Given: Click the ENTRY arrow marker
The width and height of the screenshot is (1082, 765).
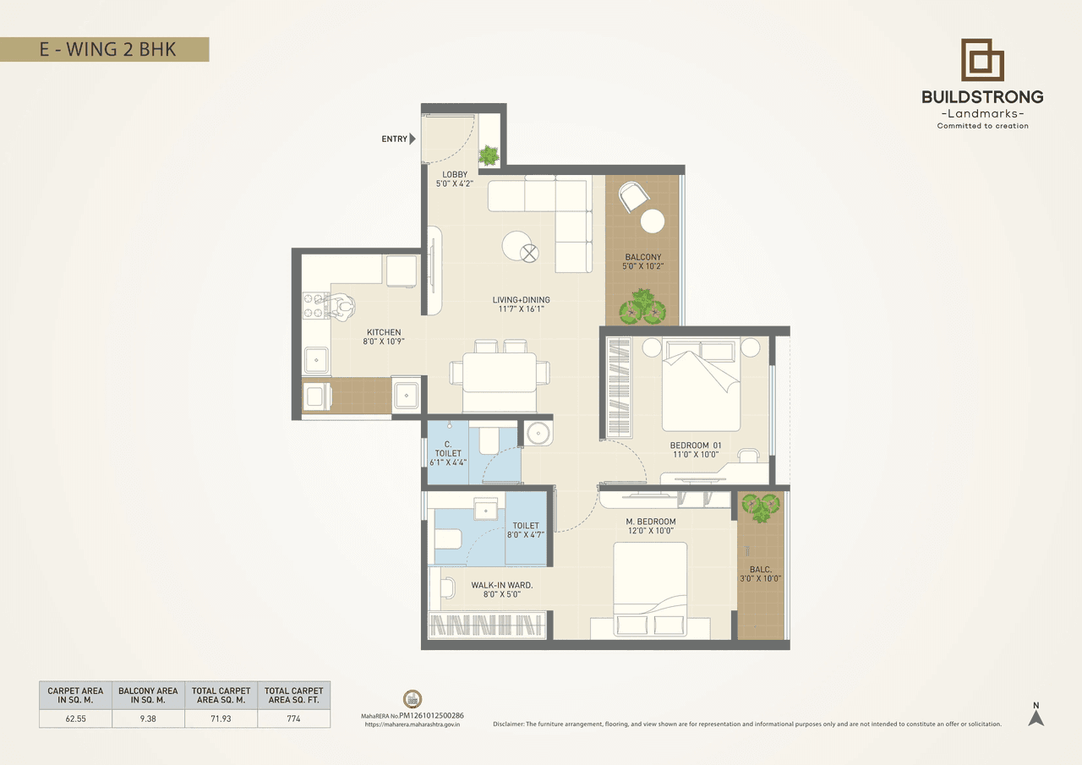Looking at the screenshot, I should pos(413,139).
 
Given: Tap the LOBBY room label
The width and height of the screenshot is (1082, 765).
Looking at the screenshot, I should pos(455,175).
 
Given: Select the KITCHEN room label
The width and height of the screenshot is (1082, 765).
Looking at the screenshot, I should pos(384,332).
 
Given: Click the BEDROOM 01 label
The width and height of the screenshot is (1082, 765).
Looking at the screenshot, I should pos(696,445).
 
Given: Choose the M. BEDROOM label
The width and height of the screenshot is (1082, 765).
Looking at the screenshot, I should pos(651,521).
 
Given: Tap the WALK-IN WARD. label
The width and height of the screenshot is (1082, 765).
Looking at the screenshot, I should pos(502,584).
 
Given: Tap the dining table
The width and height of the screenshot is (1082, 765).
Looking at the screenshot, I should pos(500,373).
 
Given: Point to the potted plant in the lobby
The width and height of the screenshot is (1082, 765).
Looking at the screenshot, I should pos(489,155).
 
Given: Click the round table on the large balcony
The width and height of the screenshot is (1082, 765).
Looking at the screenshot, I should pos(652,221).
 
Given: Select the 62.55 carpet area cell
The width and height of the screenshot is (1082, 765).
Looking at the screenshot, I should pos(75,719).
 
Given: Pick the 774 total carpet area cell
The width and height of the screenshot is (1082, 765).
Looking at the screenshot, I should pos(293,719).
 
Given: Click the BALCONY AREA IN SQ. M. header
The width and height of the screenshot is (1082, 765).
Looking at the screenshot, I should pos(148,695).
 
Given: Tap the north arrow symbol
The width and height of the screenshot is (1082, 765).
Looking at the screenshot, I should pos(1036,717).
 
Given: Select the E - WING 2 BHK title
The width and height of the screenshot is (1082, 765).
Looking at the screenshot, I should pos(107,49).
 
